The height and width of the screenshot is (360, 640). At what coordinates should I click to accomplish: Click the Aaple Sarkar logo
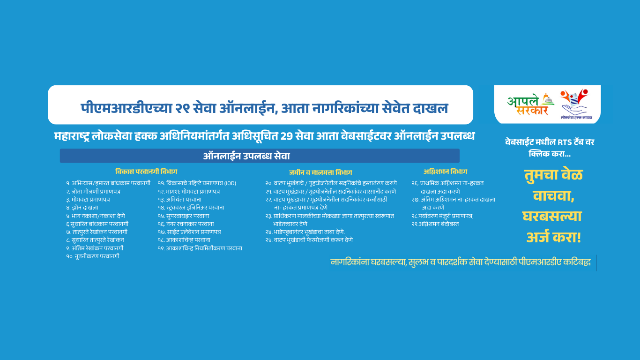531,105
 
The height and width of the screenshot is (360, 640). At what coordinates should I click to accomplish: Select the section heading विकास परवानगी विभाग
146,172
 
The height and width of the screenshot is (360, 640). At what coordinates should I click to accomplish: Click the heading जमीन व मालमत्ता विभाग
320,172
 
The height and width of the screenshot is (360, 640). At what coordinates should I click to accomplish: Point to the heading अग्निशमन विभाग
445,172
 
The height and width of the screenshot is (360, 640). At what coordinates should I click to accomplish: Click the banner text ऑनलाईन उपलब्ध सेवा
246,156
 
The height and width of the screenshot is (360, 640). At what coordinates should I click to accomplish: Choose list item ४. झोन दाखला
82,208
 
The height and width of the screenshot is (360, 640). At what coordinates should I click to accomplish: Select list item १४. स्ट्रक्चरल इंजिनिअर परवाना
191,208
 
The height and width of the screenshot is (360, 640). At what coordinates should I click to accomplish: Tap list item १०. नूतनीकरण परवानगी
93,256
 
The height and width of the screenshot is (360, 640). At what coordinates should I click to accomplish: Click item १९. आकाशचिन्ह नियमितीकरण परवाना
200,248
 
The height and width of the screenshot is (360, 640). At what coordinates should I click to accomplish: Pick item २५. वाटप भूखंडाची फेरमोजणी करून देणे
309,240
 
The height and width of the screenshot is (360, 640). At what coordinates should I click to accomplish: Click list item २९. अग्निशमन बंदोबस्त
435,224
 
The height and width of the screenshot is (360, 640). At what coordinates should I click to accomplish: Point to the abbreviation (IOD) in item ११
231,183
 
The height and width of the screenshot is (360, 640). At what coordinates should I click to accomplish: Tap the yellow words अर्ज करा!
553,238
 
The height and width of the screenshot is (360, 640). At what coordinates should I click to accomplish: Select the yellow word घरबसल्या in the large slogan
552,217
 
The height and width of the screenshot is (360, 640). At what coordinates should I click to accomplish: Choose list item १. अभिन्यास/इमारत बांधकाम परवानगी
108,183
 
